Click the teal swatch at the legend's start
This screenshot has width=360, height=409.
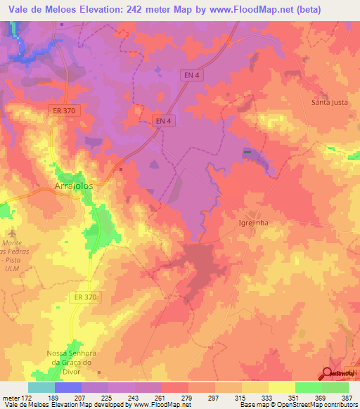[41, 387]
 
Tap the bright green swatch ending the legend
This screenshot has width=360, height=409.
[335, 387]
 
